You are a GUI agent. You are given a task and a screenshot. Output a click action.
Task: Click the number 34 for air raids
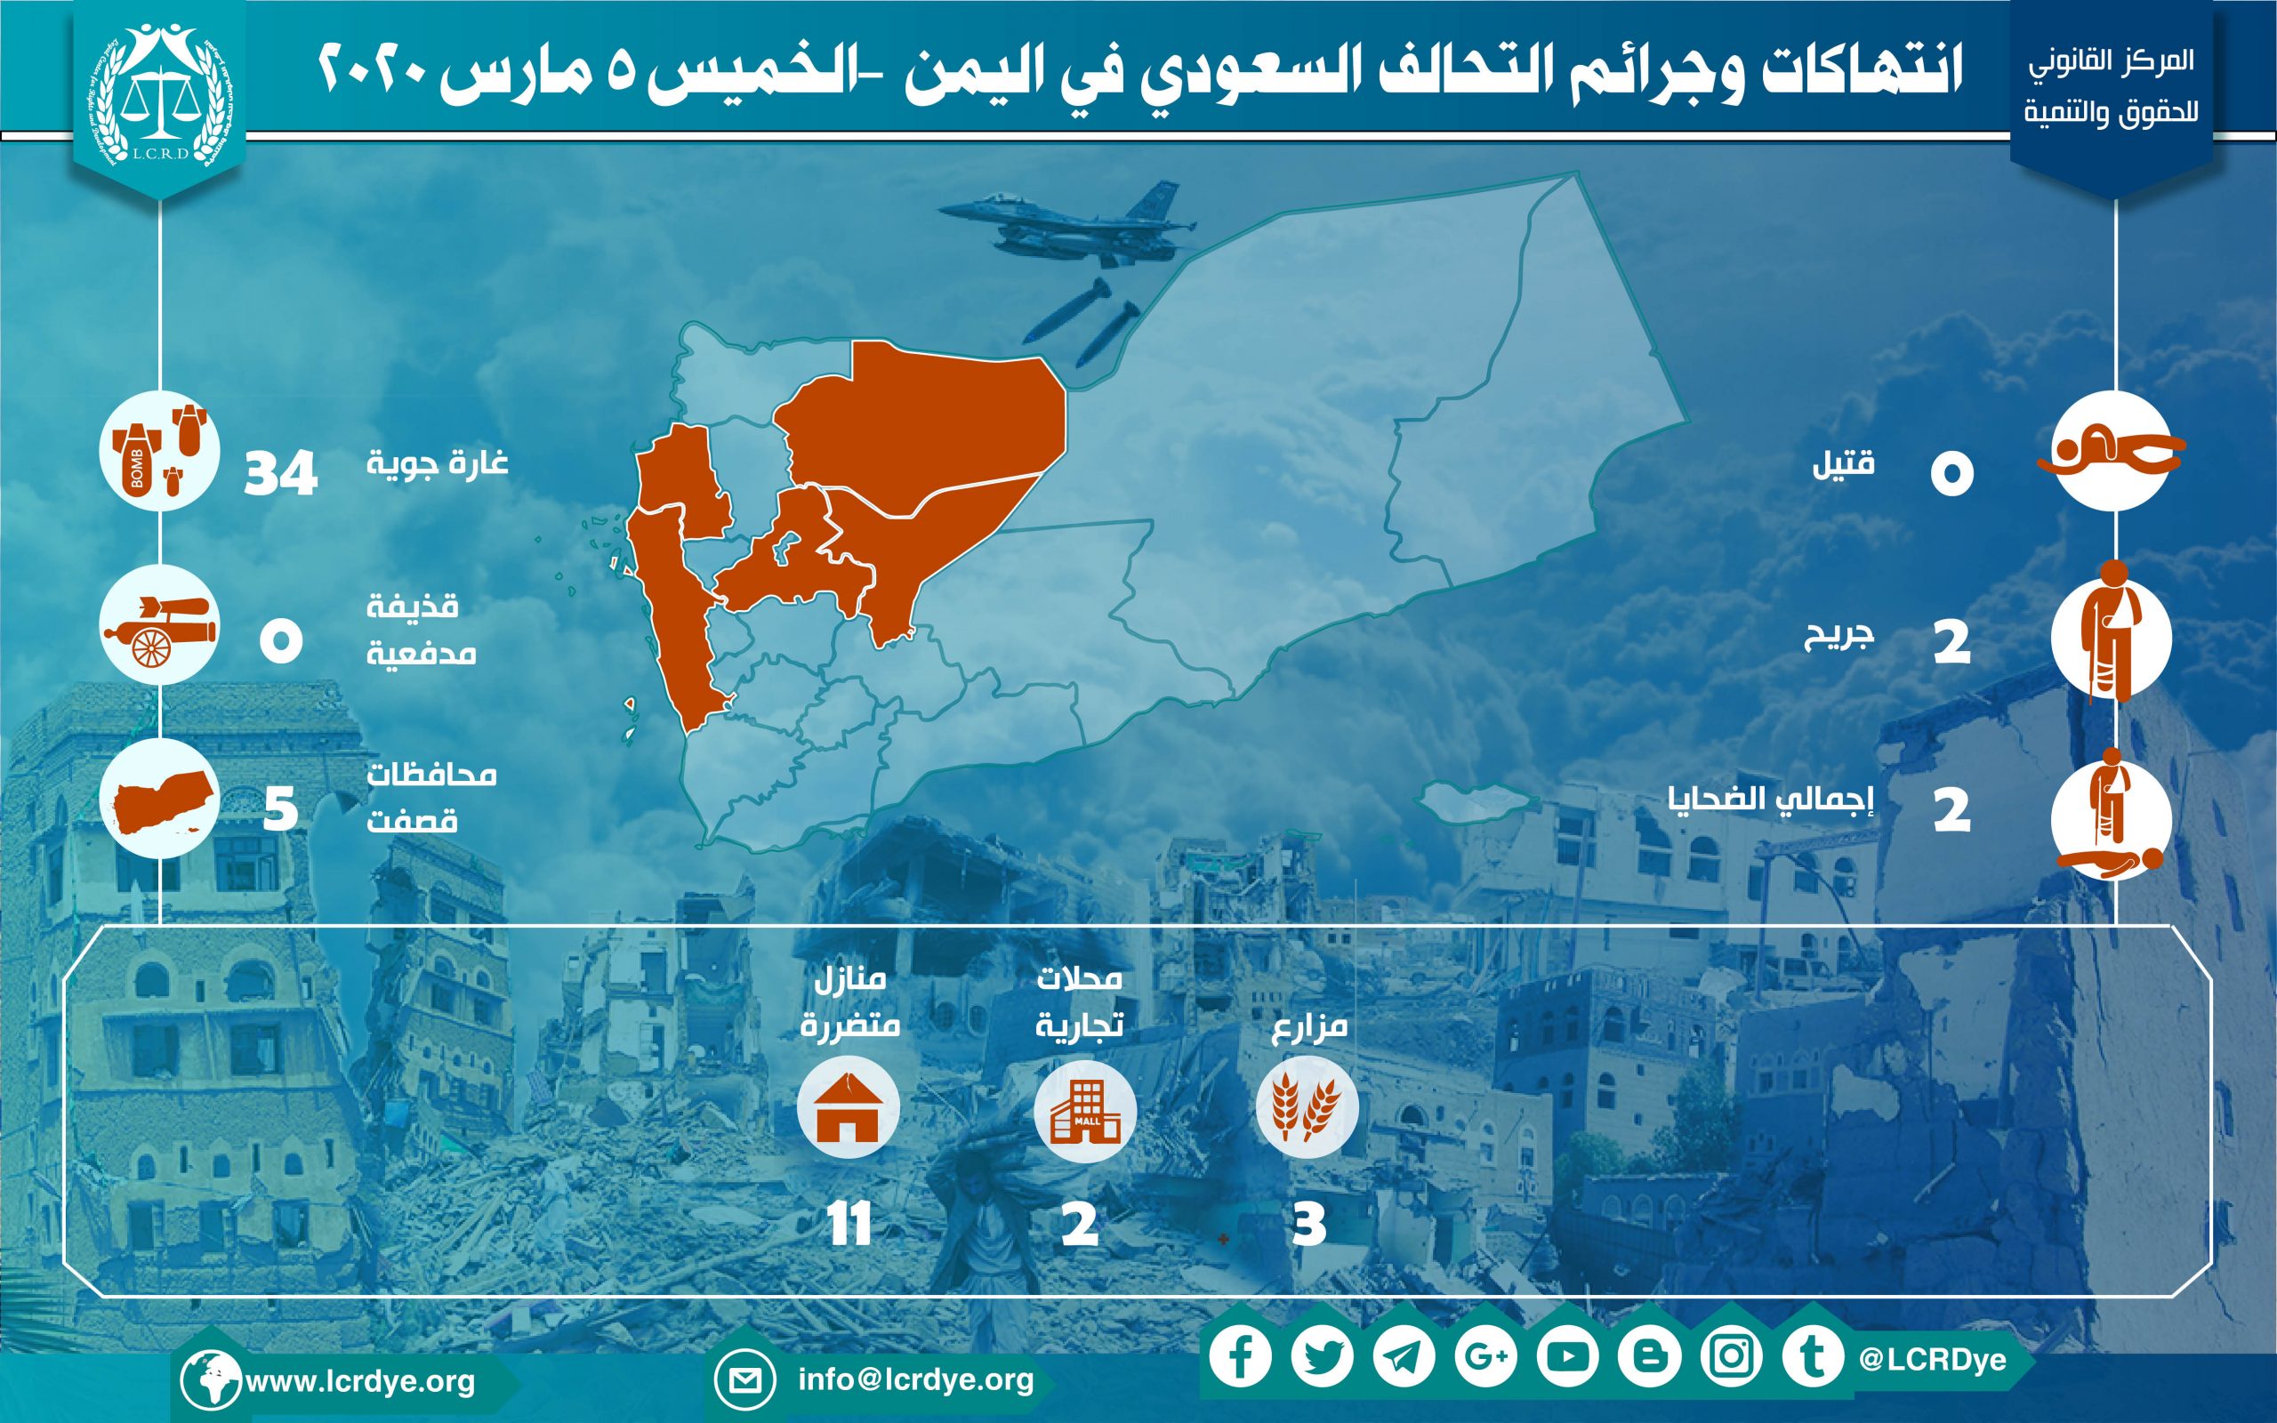tap(280, 473)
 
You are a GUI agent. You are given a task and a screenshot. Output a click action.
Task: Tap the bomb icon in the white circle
tap(159, 451)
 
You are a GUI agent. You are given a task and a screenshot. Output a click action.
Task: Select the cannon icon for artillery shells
tap(159, 631)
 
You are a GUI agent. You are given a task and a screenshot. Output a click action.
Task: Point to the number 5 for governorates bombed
tap(280, 808)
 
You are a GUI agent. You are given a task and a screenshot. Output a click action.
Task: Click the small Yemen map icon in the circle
tap(159, 797)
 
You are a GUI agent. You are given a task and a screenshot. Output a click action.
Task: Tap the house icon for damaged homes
tap(847, 1108)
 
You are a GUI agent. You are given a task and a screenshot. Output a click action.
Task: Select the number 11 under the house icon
tap(849, 1225)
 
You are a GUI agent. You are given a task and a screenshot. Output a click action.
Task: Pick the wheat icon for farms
tap(1307, 1105)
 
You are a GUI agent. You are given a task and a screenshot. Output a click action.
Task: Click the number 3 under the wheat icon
tap(1308, 1225)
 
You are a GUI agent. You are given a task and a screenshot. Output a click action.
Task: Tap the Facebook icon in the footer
tap(1240, 1357)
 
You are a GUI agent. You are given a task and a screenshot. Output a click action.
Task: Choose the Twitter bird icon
tap(1322, 1357)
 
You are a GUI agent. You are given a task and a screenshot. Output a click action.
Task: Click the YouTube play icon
tap(1567, 1357)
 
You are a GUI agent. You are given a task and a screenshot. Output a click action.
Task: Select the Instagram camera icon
tap(1731, 1357)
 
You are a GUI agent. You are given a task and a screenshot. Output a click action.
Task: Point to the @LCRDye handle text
tap(1934, 1360)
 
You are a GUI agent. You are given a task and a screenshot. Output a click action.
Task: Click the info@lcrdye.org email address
tap(915, 1379)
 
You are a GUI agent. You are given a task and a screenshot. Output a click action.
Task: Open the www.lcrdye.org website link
tap(360, 1381)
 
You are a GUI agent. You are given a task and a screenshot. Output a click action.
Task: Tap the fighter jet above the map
tap(1068, 226)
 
